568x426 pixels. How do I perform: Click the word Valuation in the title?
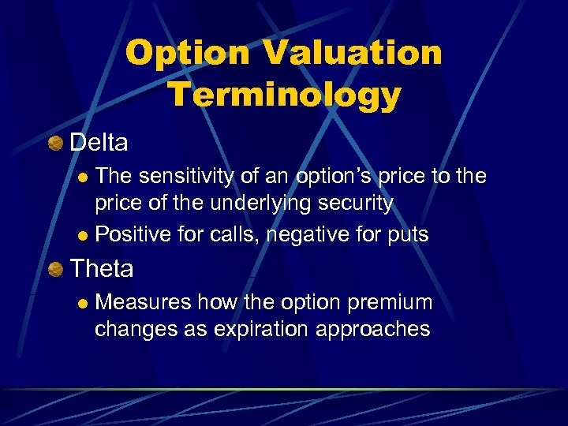tap(353, 54)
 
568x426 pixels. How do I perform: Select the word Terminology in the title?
tap(284, 95)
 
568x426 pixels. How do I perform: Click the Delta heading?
tap(99, 143)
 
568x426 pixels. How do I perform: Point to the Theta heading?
tap(102, 269)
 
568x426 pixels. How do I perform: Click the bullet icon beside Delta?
tap(56, 144)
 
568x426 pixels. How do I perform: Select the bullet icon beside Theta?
tap(56, 270)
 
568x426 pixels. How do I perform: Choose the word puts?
tap(407, 234)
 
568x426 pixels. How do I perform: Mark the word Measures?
tap(143, 302)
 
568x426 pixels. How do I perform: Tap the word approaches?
tap(376, 329)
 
